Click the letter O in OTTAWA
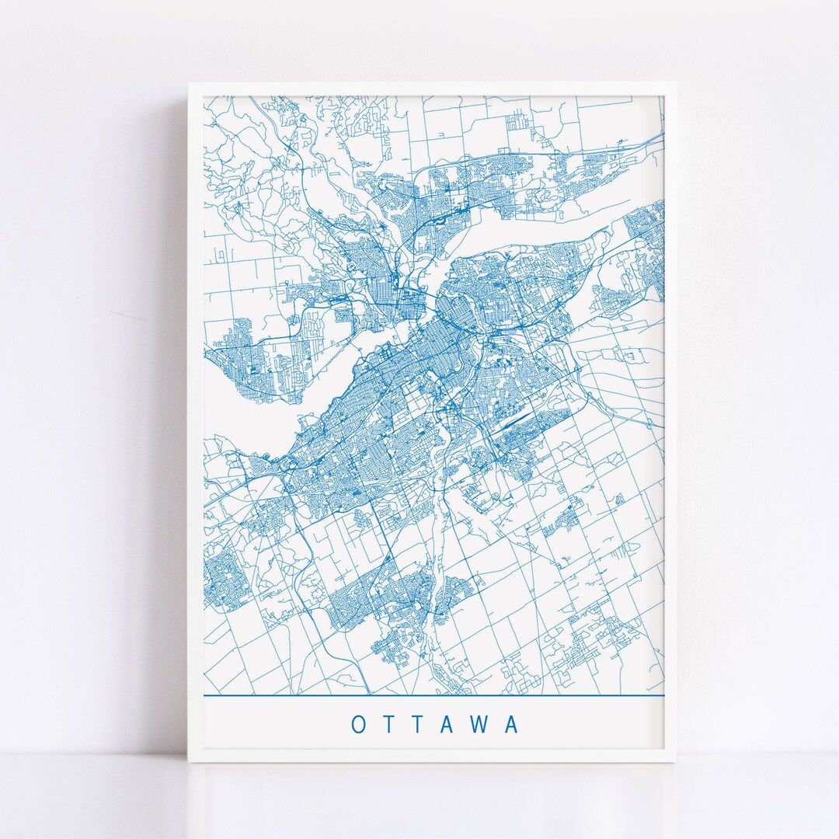[359, 725]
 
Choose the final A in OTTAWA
[511, 725]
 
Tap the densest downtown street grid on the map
[419, 342]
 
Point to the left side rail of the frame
[195, 419]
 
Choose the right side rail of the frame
[670, 419]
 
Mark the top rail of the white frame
[431, 89]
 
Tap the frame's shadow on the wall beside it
[180, 419]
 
